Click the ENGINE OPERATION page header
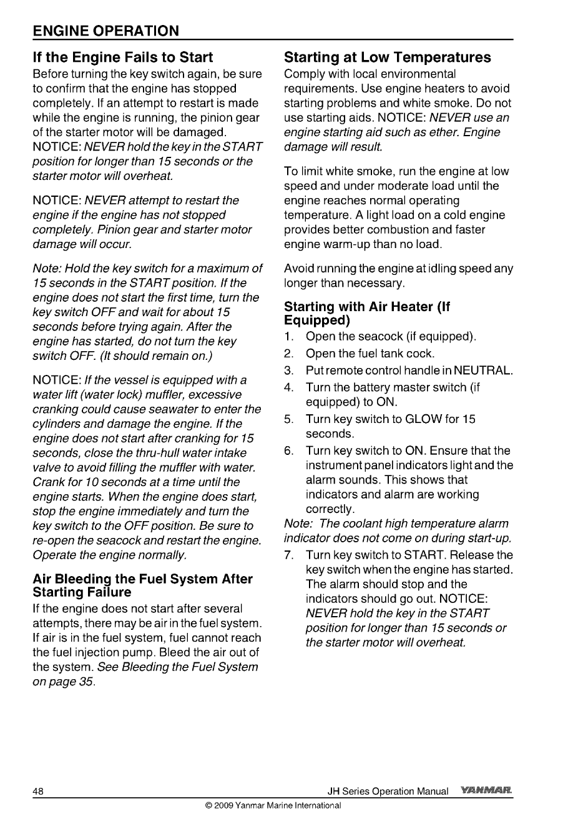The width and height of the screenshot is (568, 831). pyautogui.click(x=106, y=31)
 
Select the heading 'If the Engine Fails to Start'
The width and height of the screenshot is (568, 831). pyautogui.click(x=123, y=57)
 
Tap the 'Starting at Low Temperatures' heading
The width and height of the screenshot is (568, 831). pyautogui.click(x=387, y=57)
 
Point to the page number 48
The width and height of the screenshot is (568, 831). pyautogui.click(x=38, y=792)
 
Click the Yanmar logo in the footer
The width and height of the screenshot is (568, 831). pyautogui.click(x=486, y=791)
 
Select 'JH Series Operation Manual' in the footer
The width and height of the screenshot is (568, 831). pyautogui.click(x=388, y=792)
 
